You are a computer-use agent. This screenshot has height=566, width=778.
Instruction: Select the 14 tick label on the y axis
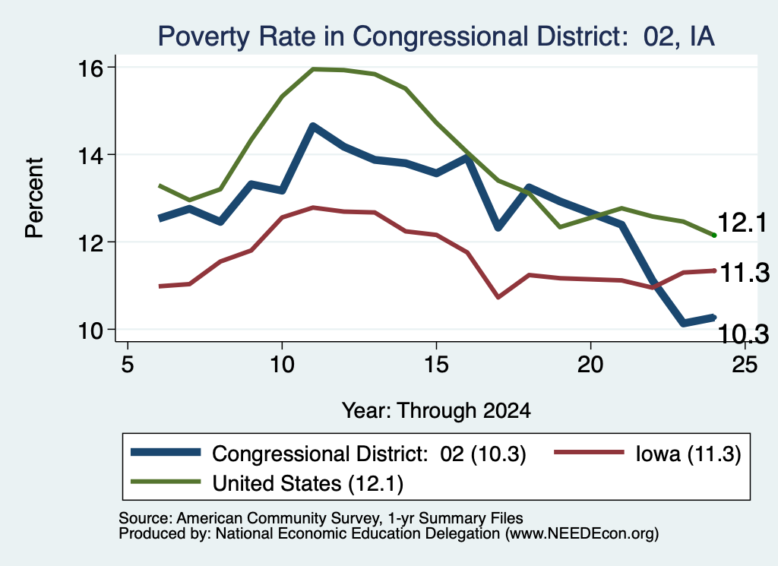pyautogui.click(x=90, y=155)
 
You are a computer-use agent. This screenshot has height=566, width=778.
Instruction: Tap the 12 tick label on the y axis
pyautogui.click(x=90, y=242)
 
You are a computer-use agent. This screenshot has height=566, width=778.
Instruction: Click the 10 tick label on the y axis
pyautogui.click(x=90, y=330)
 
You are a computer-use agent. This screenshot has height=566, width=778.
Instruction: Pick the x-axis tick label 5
pyautogui.click(x=128, y=365)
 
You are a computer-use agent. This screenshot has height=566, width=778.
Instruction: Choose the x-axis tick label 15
pyautogui.click(x=436, y=365)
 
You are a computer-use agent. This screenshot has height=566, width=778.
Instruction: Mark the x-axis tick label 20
pyautogui.click(x=590, y=365)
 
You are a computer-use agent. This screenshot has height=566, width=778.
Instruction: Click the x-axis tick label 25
pyautogui.click(x=745, y=365)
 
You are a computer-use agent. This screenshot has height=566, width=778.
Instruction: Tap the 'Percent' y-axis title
pyautogui.click(x=35, y=198)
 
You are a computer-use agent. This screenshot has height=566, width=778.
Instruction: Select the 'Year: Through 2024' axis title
pyautogui.click(x=436, y=411)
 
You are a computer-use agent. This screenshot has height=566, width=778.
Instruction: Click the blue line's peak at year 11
pyautogui.click(x=312, y=126)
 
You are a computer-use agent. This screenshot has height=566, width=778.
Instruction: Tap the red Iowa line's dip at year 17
pyautogui.click(x=498, y=296)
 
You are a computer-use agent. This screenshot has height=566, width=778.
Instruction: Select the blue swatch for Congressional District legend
pyautogui.click(x=166, y=452)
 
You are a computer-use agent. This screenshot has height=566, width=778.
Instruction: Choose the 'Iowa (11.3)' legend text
pyautogui.click(x=688, y=454)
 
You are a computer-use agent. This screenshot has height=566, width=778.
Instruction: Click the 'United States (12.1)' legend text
pyautogui.click(x=308, y=484)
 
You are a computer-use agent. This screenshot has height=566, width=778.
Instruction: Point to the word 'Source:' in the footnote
pyautogui.click(x=146, y=518)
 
